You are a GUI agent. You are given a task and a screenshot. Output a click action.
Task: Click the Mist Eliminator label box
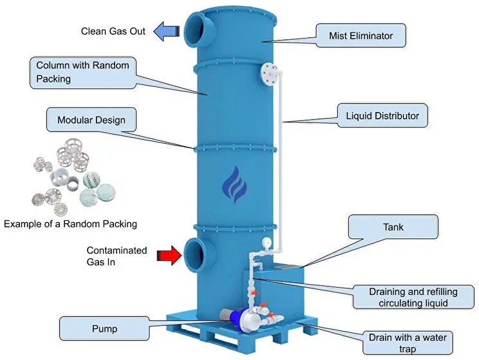click(x=361, y=35)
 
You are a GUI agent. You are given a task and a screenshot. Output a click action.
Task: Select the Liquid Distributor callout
click(x=382, y=117)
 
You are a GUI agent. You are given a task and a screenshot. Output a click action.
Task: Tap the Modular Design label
click(x=91, y=120)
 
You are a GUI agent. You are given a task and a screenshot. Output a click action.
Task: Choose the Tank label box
click(x=392, y=227)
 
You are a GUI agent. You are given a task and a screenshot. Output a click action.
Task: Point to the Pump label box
click(x=105, y=328)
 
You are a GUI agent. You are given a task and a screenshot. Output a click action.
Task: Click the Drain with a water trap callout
click(x=407, y=342)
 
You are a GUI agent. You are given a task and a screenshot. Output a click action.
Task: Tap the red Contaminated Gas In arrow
click(x=169, y=256)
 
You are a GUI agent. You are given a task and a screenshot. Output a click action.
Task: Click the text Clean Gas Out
click(x=113, y=31)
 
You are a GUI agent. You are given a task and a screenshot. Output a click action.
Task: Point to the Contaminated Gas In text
click(x=117, y=256)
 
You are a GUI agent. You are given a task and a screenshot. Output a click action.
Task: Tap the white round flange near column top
click(x=269, y=73)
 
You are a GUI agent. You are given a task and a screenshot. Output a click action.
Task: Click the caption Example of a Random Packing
click(x=70, y=224)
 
